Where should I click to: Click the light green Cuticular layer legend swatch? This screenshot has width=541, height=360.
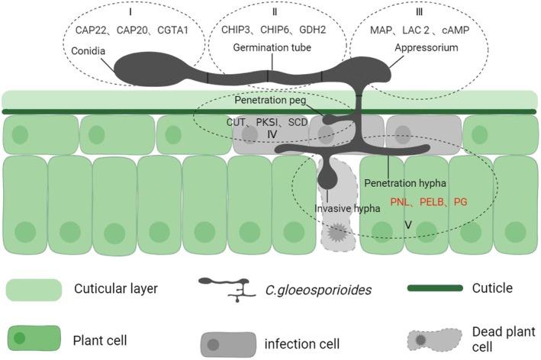tap(34, 289)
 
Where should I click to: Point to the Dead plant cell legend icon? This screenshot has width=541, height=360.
tap(434, 339)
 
